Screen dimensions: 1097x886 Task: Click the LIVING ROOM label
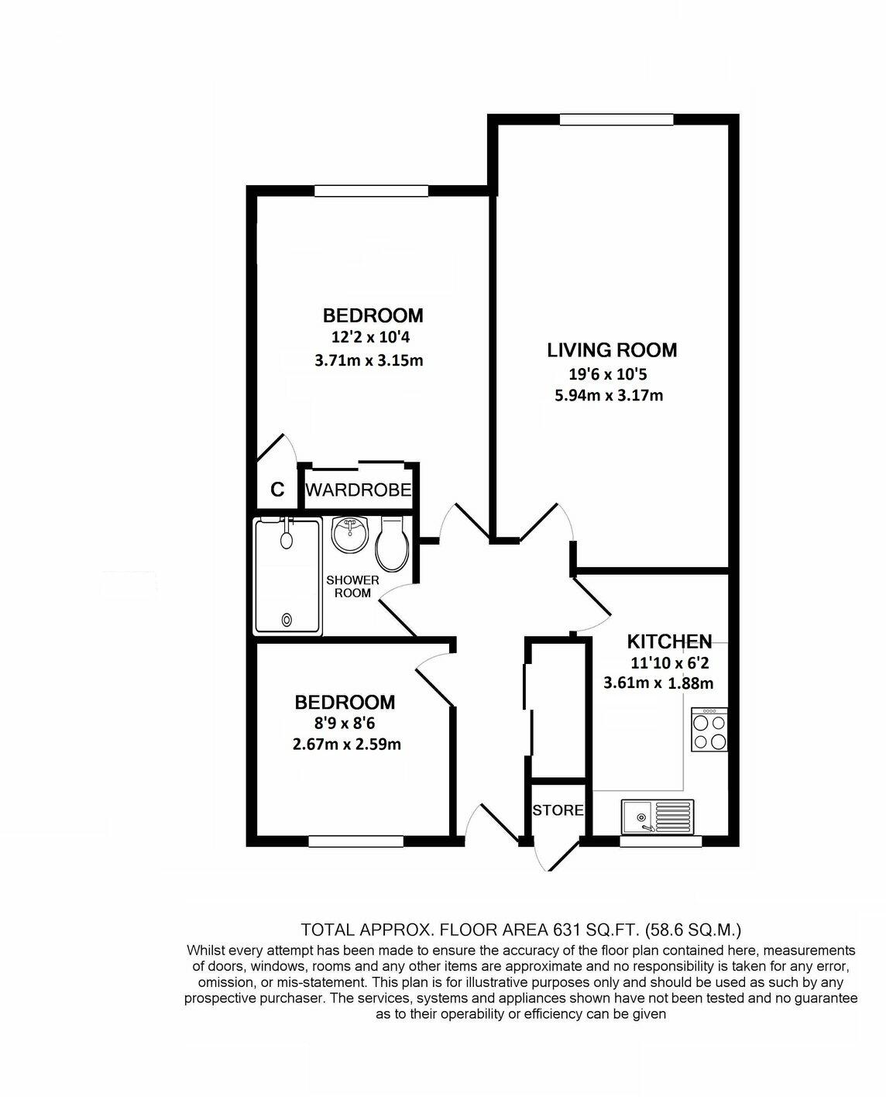(x=612, y=350)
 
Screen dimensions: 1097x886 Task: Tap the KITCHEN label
(x=669, y=641)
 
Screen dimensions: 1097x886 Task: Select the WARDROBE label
(x=357, y=490)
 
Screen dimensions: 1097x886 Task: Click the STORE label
(x=558, y=810)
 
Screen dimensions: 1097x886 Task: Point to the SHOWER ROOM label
(x=352, y=586)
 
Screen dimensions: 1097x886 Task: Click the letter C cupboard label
(x=276, y=490)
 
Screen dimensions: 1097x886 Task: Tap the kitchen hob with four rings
(x=709, y=731)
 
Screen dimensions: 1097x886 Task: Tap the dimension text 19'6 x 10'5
(x=607, y=375)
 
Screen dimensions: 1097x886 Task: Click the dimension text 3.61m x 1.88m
(x=658, y=683)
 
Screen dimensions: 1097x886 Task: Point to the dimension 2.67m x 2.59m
(x=347, y=745)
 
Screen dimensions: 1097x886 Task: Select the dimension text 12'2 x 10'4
(x=373, y=337)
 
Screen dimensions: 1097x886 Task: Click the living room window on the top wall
(x=616, y=119)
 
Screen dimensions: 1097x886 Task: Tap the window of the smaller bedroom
(x=355, y=841)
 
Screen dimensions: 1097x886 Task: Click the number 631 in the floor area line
(x=567, y=929)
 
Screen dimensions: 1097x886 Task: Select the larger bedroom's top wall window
(x=376, y=191)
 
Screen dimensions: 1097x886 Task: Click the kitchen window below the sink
(x=661, y=841)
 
